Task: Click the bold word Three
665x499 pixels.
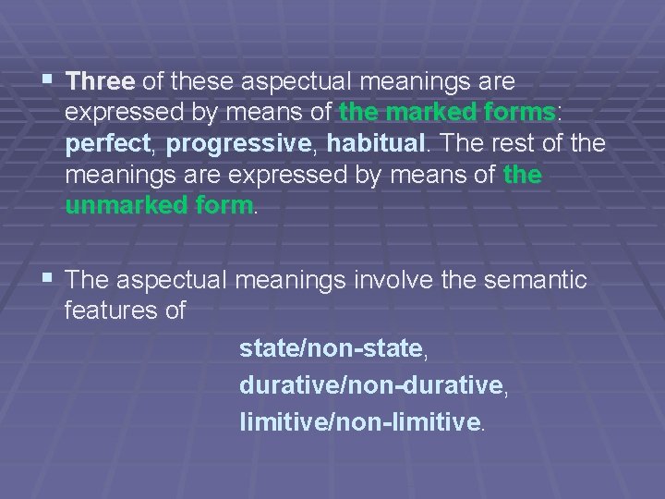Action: (x=101, y=82)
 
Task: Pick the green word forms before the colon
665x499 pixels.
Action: (x=519, y=114)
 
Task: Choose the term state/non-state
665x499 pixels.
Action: (x=331, y=348)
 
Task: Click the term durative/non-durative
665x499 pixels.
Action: (x=371, y=385)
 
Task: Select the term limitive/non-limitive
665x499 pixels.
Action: (x=360, y=422)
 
